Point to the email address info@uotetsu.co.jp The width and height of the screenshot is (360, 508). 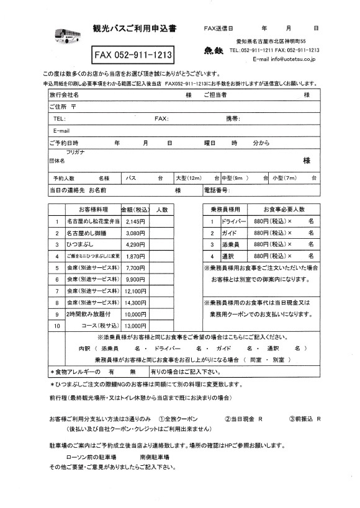[x=286, y=60]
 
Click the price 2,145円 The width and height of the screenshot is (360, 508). [x=135, y=221]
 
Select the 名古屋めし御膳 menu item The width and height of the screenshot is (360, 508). [x=88, y=233]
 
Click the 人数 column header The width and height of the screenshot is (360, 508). [x=162, y=210]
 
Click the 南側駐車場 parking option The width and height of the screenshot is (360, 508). [x=155, y=457]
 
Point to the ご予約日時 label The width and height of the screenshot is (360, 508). [x=64, y=143]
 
